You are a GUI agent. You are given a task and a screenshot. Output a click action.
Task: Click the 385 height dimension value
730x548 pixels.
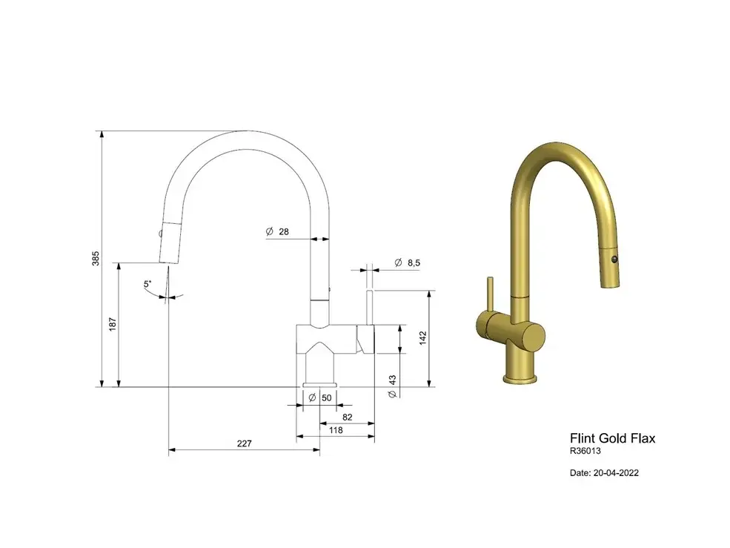coord(96,259)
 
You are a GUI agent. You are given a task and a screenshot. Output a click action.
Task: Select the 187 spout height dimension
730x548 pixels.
coord(112,324)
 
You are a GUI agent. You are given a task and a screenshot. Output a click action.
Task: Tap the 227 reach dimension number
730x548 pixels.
coord(245,443)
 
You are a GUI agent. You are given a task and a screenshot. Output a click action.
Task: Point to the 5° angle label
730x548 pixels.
coord(147,283)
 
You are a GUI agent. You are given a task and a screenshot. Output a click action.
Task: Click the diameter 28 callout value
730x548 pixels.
coord(284,231)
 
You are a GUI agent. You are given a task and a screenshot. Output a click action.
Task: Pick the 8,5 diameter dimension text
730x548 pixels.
coord(414,263)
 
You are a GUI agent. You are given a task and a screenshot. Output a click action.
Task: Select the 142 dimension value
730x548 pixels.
coord(422,338)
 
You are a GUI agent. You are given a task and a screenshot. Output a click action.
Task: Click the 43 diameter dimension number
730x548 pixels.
coord(392,380)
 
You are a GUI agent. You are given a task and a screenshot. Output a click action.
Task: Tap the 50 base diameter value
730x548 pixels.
coord(326,397)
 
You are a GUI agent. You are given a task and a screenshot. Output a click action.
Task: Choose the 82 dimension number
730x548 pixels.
coord(347,417)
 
